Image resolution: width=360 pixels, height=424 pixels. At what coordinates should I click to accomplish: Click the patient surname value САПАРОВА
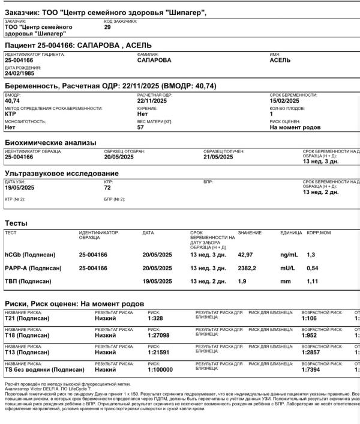154,60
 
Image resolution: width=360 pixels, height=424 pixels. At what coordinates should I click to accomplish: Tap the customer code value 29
107,27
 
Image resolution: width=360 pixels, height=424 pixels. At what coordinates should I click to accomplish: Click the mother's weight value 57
141,127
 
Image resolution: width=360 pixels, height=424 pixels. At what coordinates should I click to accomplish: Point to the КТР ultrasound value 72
108,187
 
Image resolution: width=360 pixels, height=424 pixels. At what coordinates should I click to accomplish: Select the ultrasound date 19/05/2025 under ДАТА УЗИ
20,187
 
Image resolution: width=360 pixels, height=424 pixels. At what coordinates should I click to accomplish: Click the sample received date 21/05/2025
218,157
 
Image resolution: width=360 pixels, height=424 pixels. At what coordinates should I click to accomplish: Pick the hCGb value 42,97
246,255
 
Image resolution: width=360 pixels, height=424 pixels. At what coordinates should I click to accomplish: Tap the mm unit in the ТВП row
285,281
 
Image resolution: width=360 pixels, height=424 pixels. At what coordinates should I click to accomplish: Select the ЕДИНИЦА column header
291,232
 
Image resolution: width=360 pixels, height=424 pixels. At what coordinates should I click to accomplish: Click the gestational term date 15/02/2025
284,101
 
